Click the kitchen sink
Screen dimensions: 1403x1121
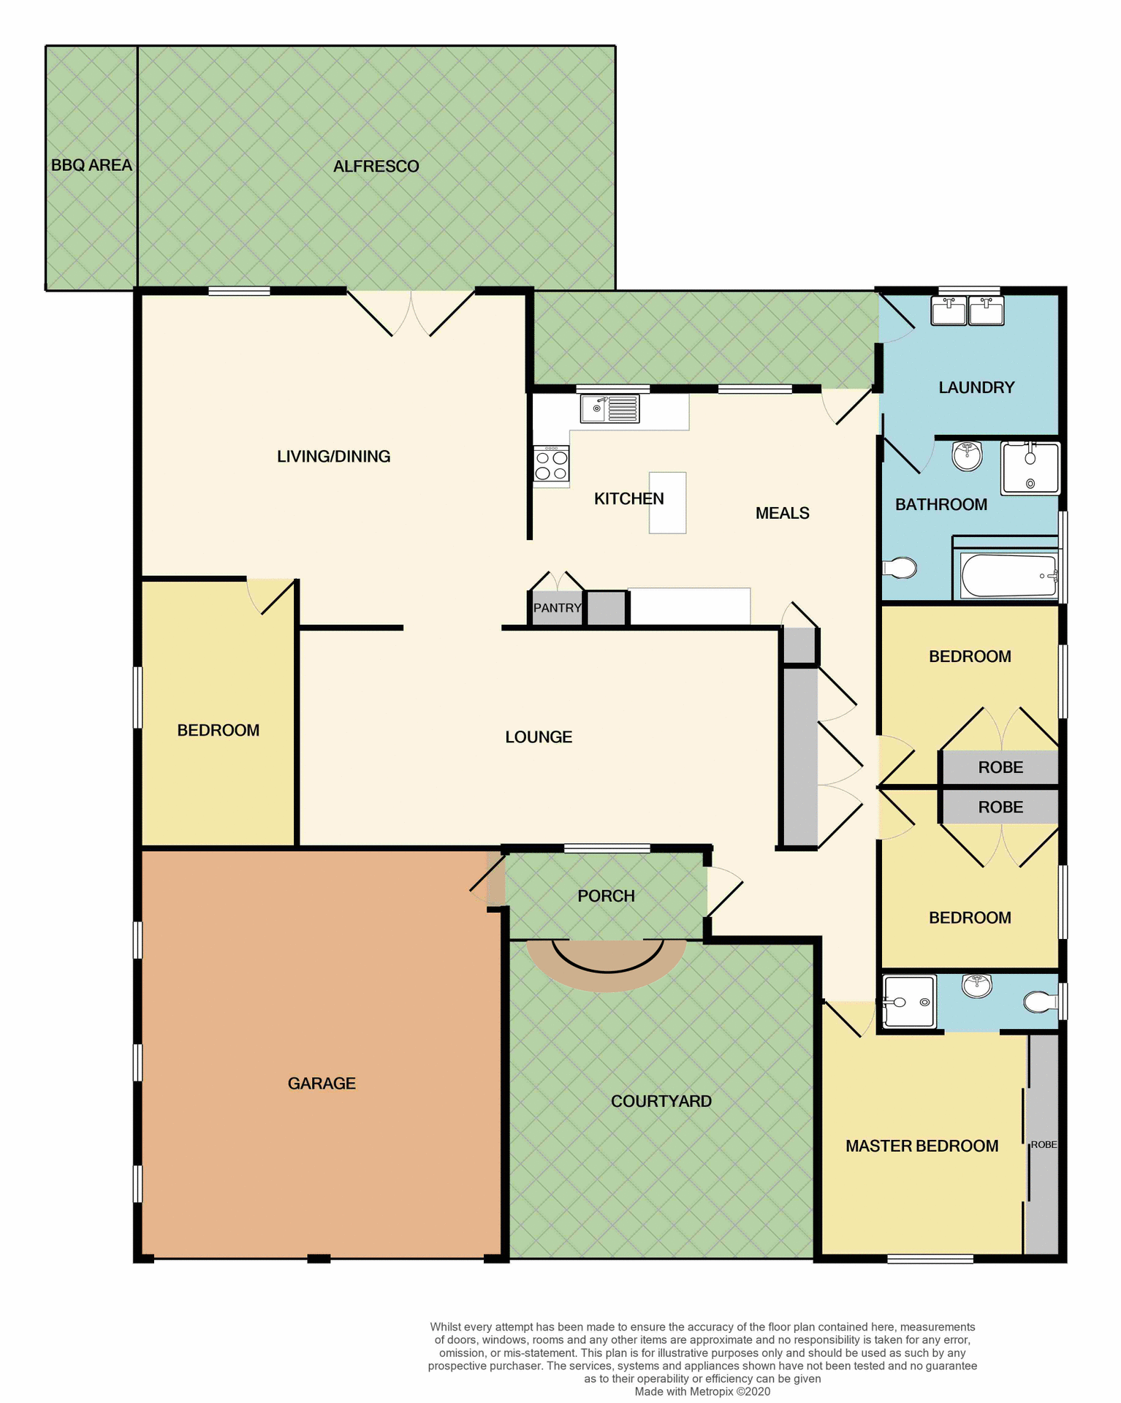pos(609,408)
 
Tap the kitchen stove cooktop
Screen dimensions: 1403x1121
pos(551,465)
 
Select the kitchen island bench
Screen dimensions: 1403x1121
pos(668,502)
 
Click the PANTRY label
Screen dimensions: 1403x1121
pos(557,608)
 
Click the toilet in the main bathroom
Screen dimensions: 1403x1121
pos(900,568)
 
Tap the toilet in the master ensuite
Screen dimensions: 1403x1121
pos(1040,1001)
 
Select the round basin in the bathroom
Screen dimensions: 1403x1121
pos(967,456)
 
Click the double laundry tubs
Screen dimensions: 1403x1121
pos(967,311)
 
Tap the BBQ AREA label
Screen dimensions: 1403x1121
pos(91,165)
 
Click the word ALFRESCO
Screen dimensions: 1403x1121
pos(376,167)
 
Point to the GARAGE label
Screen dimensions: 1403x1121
pos(322,1083)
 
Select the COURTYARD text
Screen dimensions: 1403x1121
pos(661,1101)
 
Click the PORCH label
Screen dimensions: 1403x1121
pos(606,896)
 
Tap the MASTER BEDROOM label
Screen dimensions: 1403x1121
pos(921,1146)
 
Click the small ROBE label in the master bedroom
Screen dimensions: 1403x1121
pos(1044,1144)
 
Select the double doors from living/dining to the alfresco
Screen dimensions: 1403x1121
pos(411,313)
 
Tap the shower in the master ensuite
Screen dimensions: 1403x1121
pos(908,1001)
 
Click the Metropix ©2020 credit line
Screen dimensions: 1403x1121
pos(702,1391)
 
